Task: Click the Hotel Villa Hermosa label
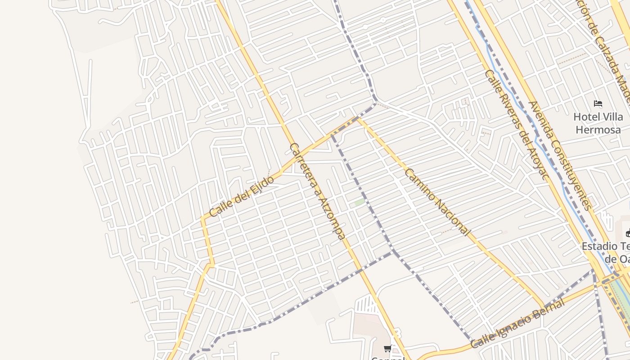tap(598, 123)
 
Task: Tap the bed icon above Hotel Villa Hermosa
tap(598, 103)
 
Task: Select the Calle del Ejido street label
tap(241, 197)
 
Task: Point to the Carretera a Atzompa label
tap(318, 191)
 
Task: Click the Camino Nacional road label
tap(437, 202)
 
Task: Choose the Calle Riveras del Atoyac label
tap(517, 125)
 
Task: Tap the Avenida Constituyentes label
tap(559, 155)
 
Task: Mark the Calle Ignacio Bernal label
tap(517, 323)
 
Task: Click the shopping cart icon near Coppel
tap(387, 348)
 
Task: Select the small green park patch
tap(359, 202)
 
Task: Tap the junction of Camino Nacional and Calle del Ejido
tap(358, 118)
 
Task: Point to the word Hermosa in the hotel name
tap(598, 130)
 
